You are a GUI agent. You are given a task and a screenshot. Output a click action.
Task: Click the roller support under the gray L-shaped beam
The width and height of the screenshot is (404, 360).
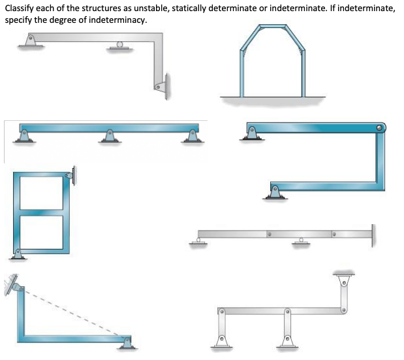(x=118, y=46)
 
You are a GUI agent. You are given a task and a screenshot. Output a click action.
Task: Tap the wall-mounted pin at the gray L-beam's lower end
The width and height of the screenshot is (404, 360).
(x=161, y=85)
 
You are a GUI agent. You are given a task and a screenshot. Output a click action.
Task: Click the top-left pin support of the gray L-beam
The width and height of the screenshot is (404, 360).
(x=27, y=41)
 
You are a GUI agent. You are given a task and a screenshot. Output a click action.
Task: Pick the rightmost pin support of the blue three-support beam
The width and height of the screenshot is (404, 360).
(x=192, y=136)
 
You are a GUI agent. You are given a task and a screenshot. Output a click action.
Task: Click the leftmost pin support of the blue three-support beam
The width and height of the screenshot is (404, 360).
(x=25, y=136)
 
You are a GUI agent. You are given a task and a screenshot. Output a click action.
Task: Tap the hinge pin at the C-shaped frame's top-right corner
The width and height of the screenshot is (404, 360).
(x=382, y=127)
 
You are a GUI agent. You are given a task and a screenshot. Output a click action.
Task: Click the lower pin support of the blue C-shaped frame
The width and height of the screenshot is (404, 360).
(x=275, y=191)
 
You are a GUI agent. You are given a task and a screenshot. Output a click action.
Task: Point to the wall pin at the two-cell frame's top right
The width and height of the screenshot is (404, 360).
(x=70, y=175)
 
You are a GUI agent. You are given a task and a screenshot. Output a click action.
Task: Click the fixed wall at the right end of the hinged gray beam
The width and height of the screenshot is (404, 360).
(x=374, y=234)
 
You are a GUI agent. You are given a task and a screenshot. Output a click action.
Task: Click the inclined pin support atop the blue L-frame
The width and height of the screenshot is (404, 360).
(x=13, y=285)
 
